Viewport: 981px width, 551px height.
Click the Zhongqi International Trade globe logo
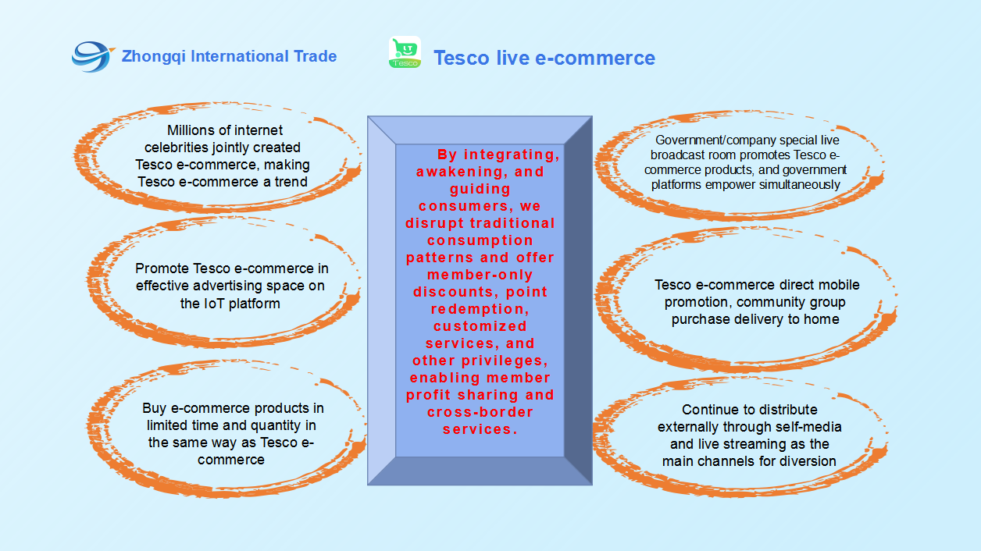92,56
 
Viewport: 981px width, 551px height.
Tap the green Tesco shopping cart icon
405,52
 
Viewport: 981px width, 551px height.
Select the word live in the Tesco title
512,58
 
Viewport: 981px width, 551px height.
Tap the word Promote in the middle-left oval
162,268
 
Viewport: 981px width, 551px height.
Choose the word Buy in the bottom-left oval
154,408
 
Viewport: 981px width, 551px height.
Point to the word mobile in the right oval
837,284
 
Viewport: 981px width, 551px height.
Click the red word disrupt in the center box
435,223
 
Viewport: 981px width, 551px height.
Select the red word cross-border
480,412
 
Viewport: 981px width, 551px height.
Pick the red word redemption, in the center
480,309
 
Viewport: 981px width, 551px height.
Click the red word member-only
480,275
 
